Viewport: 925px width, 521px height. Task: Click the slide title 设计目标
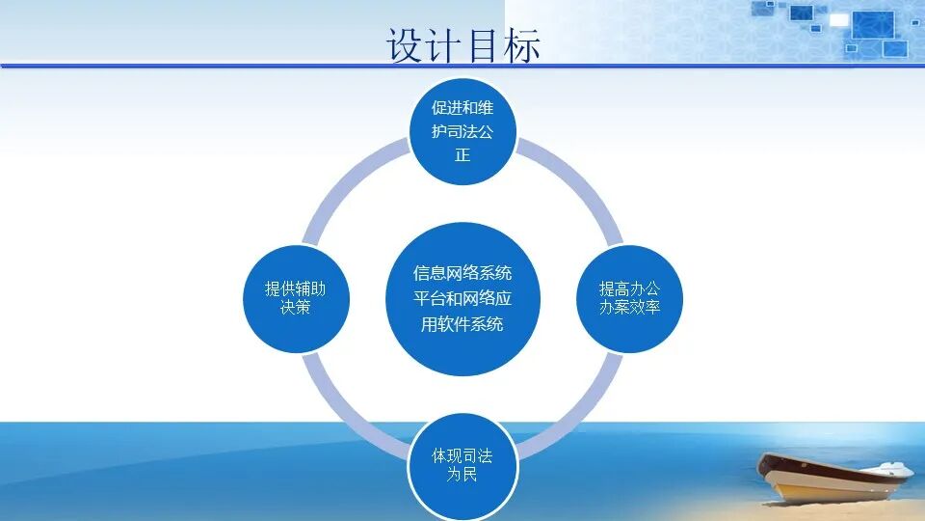pyautogui.click(x=463, y=45)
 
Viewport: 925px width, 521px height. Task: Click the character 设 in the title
pyautogui.click(x=406, y=45)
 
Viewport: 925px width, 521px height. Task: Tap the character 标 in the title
pyautogui.click(x=521, y=45)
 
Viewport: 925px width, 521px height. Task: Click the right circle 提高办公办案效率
pyautogui.click(x=629, y=298)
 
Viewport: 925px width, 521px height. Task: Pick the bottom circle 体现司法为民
pyautogui.click(x=462, y=465)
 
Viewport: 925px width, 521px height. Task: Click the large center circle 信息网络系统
pyautogui.click(x=462, y=298)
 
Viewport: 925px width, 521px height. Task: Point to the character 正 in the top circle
pyautogui.click(x=462, y=155)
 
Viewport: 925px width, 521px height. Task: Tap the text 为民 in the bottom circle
pyautogui.click(x=462, y=476)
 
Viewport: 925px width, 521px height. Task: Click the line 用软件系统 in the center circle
pyautogui.click(x=462, y=324)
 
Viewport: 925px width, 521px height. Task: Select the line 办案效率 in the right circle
pyautogui.click(x=629, y=309)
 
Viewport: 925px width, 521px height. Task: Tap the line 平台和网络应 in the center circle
pyautogui.click(x=462, y=299)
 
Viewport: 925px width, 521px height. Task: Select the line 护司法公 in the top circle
pyautogui.click(x=462, y=131)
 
